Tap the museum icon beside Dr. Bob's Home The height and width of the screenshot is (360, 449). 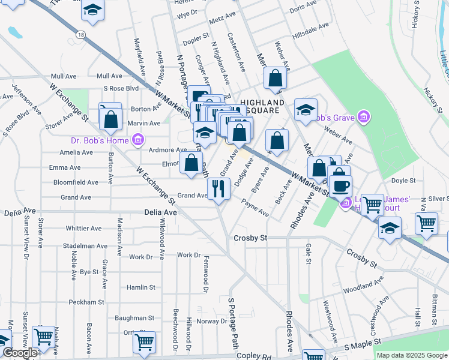point(138,140)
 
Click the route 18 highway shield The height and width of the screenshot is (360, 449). point(80,35)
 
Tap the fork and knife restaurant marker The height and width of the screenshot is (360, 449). point(219,189)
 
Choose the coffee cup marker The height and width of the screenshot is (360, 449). point(340,185)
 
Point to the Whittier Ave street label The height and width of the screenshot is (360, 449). point(83,229)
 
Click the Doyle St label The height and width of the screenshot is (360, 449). point(403,181)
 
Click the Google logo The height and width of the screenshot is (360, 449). point(20,353)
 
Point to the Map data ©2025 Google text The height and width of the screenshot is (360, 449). point(412,355)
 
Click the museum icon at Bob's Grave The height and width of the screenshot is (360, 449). point(363,116)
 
